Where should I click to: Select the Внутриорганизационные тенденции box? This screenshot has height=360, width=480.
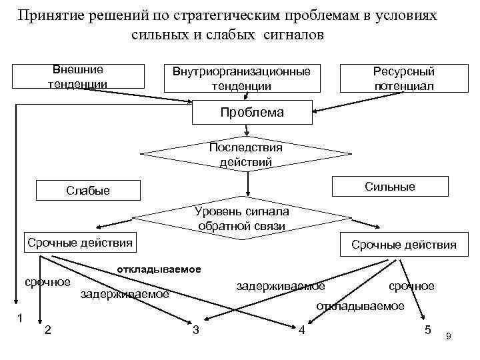click(241, 79)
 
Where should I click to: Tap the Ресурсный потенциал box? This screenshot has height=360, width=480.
click(404, 79)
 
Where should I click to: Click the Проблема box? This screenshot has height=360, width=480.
click(251, 112)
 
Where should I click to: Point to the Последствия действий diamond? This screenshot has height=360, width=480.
click(246, 155)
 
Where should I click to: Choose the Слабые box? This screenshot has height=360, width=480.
click(88, 191)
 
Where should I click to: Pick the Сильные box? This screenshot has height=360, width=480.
click(390, 187)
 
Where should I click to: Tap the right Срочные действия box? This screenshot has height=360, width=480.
click(404, 245)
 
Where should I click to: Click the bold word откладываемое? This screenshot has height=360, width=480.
click(159, 269)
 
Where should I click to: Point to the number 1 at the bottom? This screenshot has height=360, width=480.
click(21, 318)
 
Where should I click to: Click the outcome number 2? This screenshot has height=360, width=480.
click(48, 329)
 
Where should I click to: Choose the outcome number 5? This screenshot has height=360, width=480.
click(427, 330)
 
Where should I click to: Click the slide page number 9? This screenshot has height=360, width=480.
click(449, 337)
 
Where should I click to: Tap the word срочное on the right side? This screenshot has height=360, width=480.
click(411, 285)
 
